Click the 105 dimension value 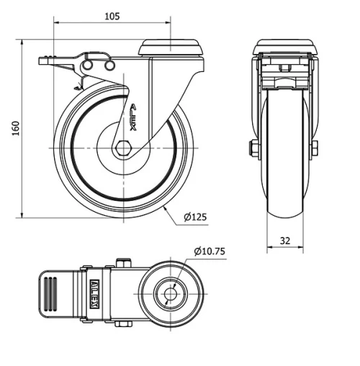[110, 15]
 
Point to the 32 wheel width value [285, 241]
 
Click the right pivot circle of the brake [109, 66]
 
